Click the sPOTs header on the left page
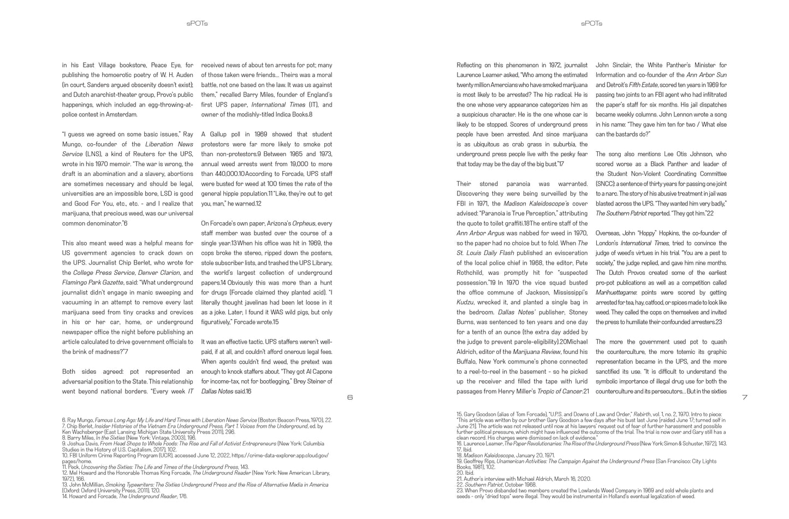197,23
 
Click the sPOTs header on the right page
591,23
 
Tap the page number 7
745,397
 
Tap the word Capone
318,371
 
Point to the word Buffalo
467,362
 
